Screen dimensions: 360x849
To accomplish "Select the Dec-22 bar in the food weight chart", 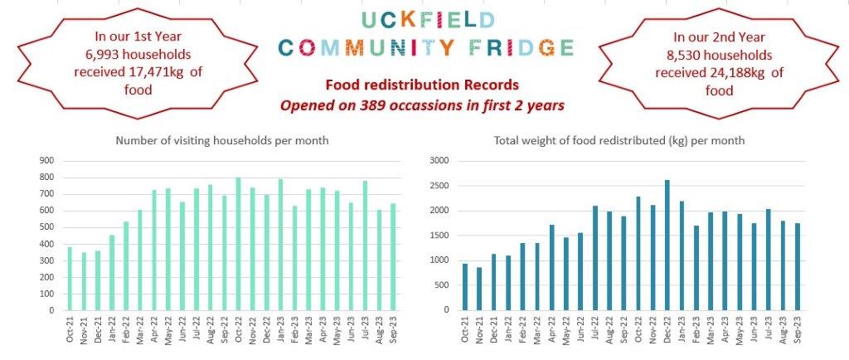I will (667, 246).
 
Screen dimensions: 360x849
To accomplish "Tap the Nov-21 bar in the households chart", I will (85, 281).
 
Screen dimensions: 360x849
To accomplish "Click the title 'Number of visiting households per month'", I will (222, 140).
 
